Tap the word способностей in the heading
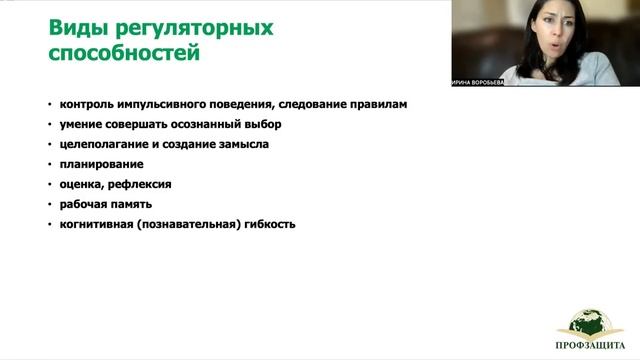click(x=124, y=54)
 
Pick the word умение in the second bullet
click(x=83, y=124)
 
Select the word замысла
click(x=241, y=144)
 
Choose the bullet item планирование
click(x=101, y=164)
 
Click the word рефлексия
click(x=143, y=184)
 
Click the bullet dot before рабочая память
click(x=50, y=205)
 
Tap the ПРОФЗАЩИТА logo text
click(x=589, y=349)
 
